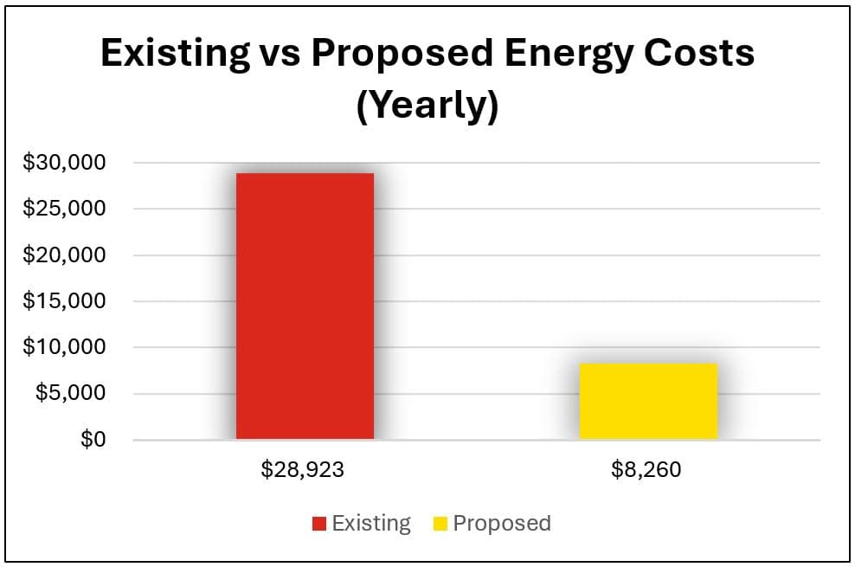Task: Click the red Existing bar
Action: tap(305, 306)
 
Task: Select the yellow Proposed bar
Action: tap(648, 401)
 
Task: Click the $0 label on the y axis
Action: tap(93, 440)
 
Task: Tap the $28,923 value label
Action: tap(304, 471)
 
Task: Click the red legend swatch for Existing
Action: tap(319, 524)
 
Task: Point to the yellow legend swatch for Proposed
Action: tap(440, 524)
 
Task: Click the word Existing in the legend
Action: tap(371, 524)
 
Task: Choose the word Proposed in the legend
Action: tap(502, 524)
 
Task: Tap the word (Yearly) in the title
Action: tap(427, 106)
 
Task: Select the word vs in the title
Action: tap(279, 54)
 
